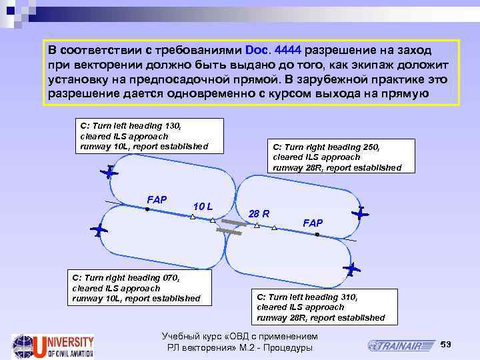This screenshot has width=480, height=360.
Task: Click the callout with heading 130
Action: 148,135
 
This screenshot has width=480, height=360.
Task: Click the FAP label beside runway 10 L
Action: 156,199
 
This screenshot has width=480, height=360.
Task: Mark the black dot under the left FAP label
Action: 148,210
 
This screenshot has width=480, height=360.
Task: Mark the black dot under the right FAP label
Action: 317,235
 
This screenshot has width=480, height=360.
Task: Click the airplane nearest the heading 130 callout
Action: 108,173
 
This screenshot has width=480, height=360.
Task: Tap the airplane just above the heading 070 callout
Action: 99,230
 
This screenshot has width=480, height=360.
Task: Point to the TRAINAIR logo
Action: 399,345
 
